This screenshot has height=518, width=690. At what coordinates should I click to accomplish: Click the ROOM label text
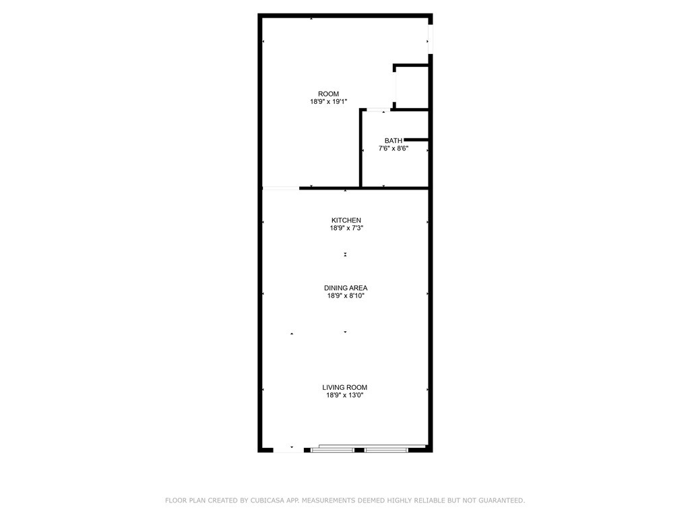[328, 94]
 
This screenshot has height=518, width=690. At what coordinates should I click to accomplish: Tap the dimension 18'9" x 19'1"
[329, 102]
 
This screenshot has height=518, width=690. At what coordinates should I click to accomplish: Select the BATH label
[394, 140]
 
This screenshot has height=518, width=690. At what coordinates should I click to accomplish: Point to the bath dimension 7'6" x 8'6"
[394, 148]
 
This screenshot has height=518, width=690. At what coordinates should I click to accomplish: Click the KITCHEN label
[346, 221]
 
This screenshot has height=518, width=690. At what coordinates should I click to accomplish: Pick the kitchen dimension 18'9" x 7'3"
[346, 228]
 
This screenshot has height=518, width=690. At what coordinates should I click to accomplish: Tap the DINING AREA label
[346, 288]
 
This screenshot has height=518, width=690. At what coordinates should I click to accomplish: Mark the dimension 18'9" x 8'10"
[346, 296]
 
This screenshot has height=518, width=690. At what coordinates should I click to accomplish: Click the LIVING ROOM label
[344, 388]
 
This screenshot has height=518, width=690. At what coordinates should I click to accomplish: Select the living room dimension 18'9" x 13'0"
[344, 395]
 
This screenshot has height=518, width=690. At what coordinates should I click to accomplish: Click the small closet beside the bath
[412, 87]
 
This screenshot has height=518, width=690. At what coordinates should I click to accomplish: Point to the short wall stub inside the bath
[416, 140]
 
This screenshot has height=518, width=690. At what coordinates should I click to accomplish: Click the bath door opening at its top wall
[379, 109]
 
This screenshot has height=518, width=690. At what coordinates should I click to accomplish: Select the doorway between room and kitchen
[281, 189]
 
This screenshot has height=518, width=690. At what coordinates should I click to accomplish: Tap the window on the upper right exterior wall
[431, 39]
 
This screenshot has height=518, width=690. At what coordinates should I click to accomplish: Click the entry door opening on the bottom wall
[288, 450]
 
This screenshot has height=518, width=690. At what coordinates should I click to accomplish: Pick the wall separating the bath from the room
[360, 148]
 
